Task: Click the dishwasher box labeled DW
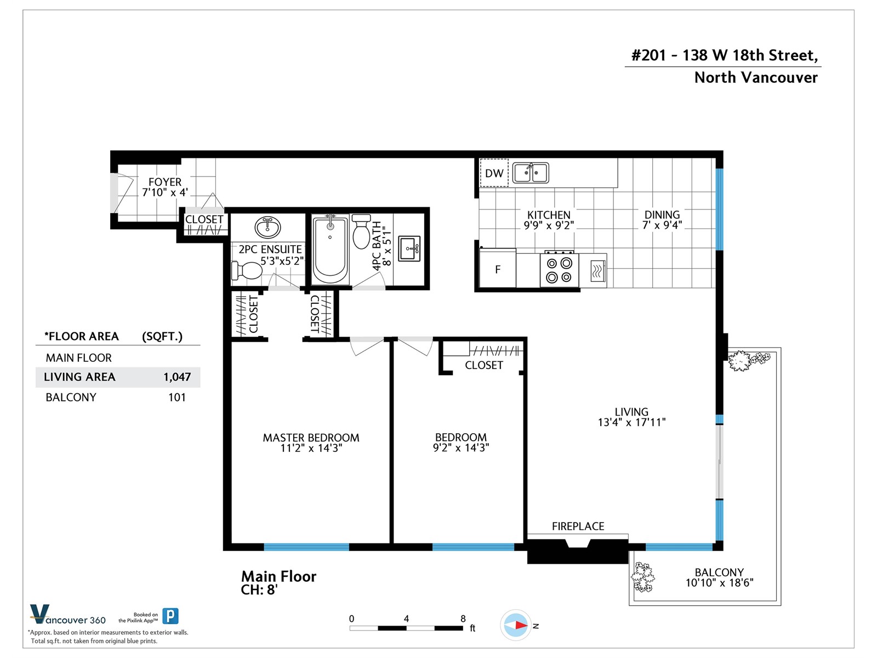click(494, 173)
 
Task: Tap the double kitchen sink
click(531, 173)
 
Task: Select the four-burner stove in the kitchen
click(559, 269)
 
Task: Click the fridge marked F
click(498, 268)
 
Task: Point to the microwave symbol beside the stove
click(597, 271)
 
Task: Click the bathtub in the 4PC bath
click(329, 249)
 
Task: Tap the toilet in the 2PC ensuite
click(247, 271)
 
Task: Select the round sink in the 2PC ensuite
click(267, 228)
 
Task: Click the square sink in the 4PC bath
click(409, 248)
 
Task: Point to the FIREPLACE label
click(578, 526)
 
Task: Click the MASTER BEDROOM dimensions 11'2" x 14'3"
click(311, 448)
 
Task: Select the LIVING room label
click(631, 411)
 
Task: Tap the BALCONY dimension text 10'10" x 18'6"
click(719, 583)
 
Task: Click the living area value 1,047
click(177, 377)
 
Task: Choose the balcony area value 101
click(177, 397)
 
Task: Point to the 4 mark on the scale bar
click(406, 619)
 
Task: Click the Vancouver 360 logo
click(67, 615)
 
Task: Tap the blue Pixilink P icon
click(170, 616)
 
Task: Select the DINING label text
click(662, 214)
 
